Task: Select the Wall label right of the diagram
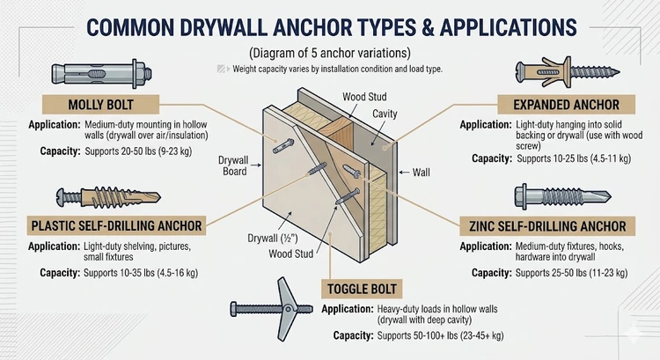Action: click(423, 173)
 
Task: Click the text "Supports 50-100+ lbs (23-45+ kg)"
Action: click(427, 336)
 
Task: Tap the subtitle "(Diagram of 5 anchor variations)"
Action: click(329, 51)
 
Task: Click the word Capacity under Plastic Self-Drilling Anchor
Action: click(62, 274)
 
